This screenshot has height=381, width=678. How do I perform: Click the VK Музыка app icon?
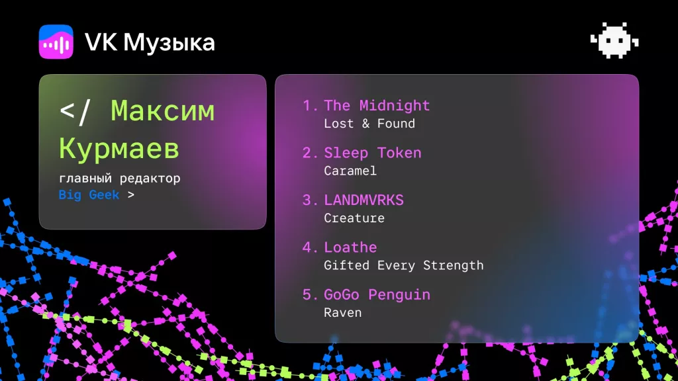click(x=56, y=42)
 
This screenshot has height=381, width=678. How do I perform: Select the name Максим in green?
click(x=163, y=111)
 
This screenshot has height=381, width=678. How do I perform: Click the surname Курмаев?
click(x=119, y=149)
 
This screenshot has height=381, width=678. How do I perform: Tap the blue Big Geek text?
click(x=89, y=195)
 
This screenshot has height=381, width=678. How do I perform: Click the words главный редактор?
click(x=119, y=179)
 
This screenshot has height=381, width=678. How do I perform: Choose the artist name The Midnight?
click(x=377, y=105)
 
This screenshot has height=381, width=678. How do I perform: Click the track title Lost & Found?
click(x=369, y=124)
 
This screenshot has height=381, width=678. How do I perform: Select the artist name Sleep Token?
click(x=373, y=153)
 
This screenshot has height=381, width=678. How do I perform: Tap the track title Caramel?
click(x=350, y=171)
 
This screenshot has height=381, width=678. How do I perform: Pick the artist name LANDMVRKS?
click(x=363, y=200)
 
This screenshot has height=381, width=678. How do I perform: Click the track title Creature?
click(x=354, y=218)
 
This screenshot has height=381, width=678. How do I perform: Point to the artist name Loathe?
click(x=350, y=247)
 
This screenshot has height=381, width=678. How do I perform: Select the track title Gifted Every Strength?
click(x=404, y=265)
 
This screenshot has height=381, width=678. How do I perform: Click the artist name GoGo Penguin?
click(x=377, y=294)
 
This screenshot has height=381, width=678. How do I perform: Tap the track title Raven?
click(x=343, y=313)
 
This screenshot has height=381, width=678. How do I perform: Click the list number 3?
click(x=308, y=200)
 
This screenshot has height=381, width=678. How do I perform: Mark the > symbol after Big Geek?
click(x=130, y=195)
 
